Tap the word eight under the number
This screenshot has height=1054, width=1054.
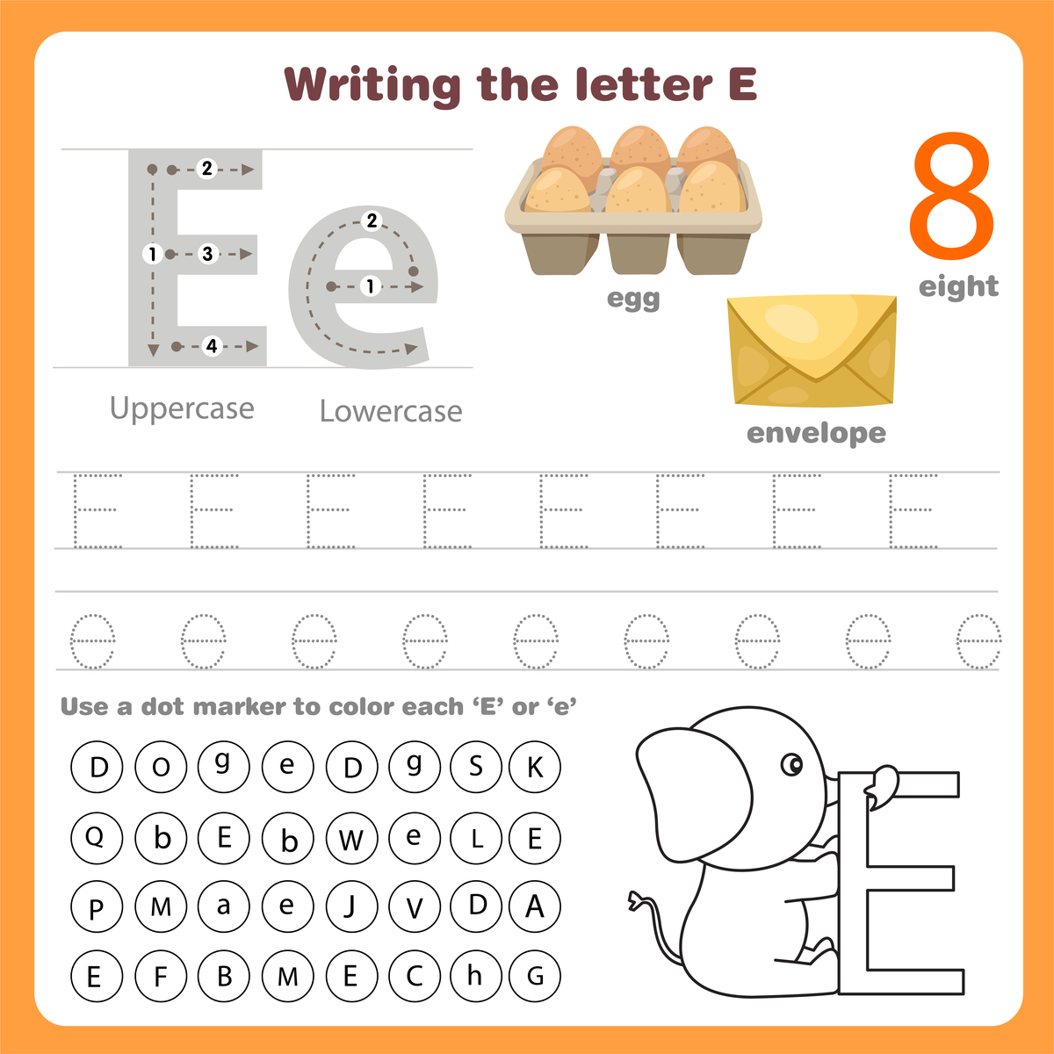(958, 286)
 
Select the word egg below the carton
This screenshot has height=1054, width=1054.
(633, 299)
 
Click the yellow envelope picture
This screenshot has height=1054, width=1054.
(812, 351)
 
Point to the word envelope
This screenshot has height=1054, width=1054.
(816, 433)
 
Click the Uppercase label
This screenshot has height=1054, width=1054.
(182, 408)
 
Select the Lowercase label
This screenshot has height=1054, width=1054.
(391, 411)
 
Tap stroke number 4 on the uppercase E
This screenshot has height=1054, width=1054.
(211, 346)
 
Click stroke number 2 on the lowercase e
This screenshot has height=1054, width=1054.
(372, 220)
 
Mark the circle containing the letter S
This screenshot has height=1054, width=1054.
(475, 766)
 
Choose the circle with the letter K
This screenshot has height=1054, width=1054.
(535, 767)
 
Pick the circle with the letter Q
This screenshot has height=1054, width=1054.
(96, 837)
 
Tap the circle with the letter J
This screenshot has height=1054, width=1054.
(350, 906)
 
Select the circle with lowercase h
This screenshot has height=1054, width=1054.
(475, 975)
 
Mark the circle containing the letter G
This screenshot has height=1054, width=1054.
(535, 975)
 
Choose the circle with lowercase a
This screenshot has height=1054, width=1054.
(224, 906)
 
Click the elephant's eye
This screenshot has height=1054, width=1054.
(792, 765)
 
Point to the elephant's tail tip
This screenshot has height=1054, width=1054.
(635, 900)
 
